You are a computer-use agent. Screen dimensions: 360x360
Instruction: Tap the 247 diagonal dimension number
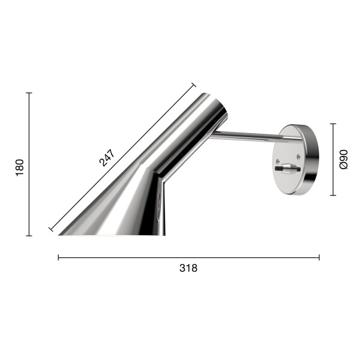point(107,156)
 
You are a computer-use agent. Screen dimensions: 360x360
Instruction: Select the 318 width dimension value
point(188,268)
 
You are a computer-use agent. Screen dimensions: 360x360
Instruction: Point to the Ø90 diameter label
point(344,160)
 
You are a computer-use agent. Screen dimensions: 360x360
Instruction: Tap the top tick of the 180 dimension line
point(29,93)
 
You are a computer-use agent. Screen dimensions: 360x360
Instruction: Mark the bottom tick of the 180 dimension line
point(29,236)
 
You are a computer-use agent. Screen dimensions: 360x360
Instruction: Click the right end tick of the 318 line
point(319,257)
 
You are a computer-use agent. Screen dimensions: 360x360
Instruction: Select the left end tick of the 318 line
point(58,257)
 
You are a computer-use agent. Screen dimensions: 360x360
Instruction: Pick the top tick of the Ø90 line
point(333,124)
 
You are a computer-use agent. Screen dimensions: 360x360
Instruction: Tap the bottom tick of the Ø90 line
point(333,195)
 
